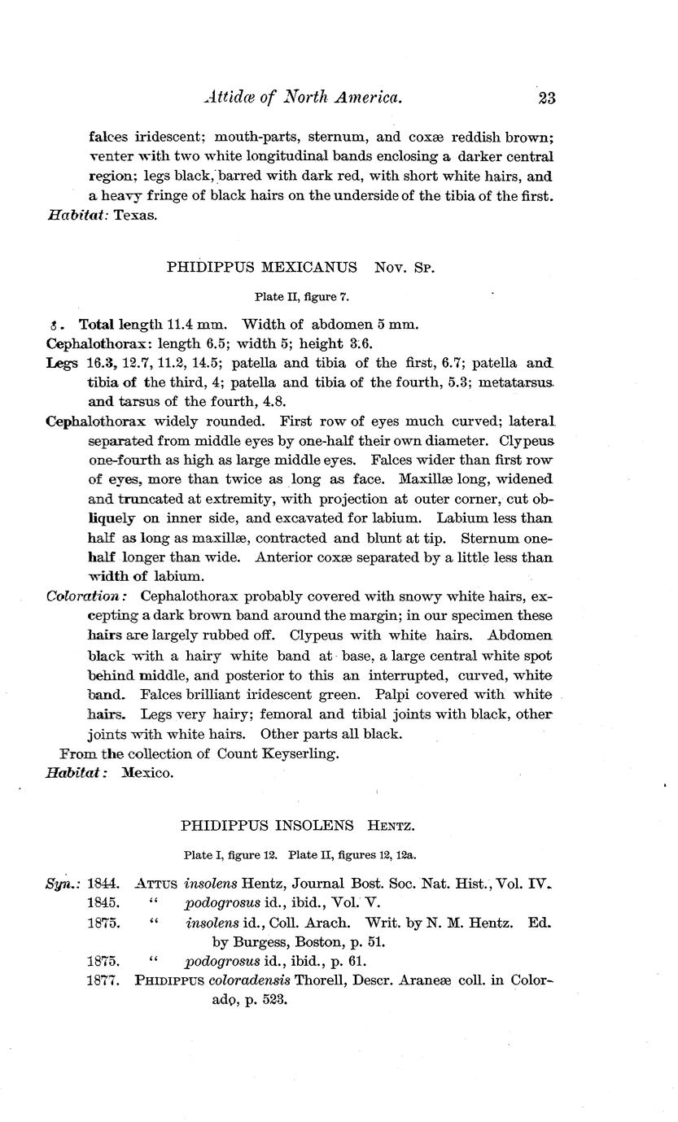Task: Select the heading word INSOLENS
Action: [313, 825]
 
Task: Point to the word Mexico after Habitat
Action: [147, 773]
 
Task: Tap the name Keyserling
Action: [299, 753]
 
